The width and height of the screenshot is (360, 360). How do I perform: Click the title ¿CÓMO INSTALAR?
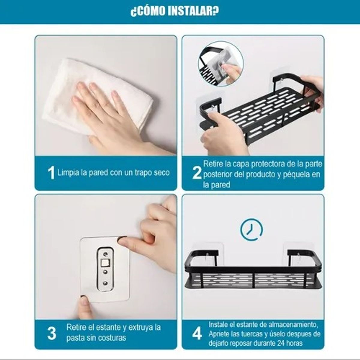[x=175, y=11]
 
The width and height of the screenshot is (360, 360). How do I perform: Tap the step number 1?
[x=51, y=173]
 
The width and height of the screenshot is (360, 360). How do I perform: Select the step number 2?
[x=197, y=173]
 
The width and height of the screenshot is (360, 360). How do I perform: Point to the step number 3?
[x=52, y=333]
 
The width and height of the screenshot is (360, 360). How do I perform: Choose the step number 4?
[x=197, y=334]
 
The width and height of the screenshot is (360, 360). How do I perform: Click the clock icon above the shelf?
[x=251, y=229]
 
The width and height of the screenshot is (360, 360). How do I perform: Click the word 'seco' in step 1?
[x=162, y=173]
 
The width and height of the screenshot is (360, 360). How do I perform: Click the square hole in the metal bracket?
[x=105, y=264]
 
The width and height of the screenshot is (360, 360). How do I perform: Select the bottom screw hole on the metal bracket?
[x=105, y=283]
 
